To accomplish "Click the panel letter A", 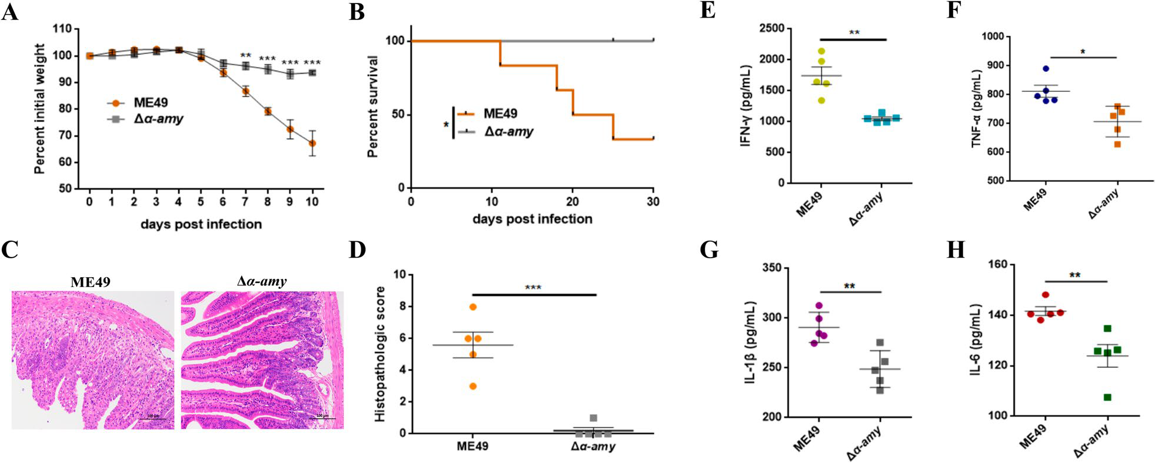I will click(x=10, y=11).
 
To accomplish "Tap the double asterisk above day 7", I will click(x=245, y=56).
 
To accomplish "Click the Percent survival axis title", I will click(x=372, y=106).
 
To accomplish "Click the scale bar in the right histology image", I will click(x=322, y=418).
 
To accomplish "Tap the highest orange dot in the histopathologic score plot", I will click(x=473, y=307).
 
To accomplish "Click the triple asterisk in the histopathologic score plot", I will click(x=533, y=288).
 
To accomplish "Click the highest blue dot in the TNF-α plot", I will click(x=1045, y=69).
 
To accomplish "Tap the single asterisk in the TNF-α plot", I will click(x=1083, y=52).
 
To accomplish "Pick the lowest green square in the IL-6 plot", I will click(x=1107, y=398).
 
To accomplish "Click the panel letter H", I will click(x=955, y=250).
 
